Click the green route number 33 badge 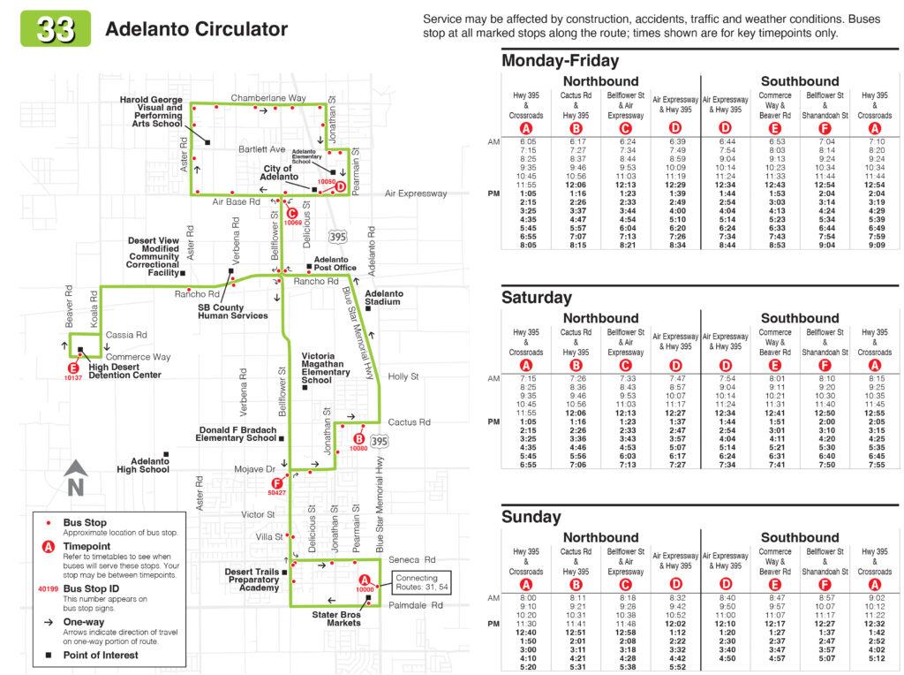pos(56,28)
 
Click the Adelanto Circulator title pos(196,29)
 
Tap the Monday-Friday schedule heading pos(560,61)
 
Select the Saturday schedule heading pos(536,298)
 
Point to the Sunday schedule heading pos(531,516)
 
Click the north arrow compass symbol pos(76,478)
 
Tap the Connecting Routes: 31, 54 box pos(421,582)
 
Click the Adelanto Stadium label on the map pos(384,298)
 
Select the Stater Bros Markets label pos(336,618)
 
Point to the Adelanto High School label pos(143,465)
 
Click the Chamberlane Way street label pos(268,98)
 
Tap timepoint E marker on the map pos(73,368)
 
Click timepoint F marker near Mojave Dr pos(276,483)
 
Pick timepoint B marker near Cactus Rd pos(358,439)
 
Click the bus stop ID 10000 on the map pos(365,589)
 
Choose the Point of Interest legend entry pos(101,655)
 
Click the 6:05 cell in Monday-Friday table pos(528,141)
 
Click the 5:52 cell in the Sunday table pos(677,667)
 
